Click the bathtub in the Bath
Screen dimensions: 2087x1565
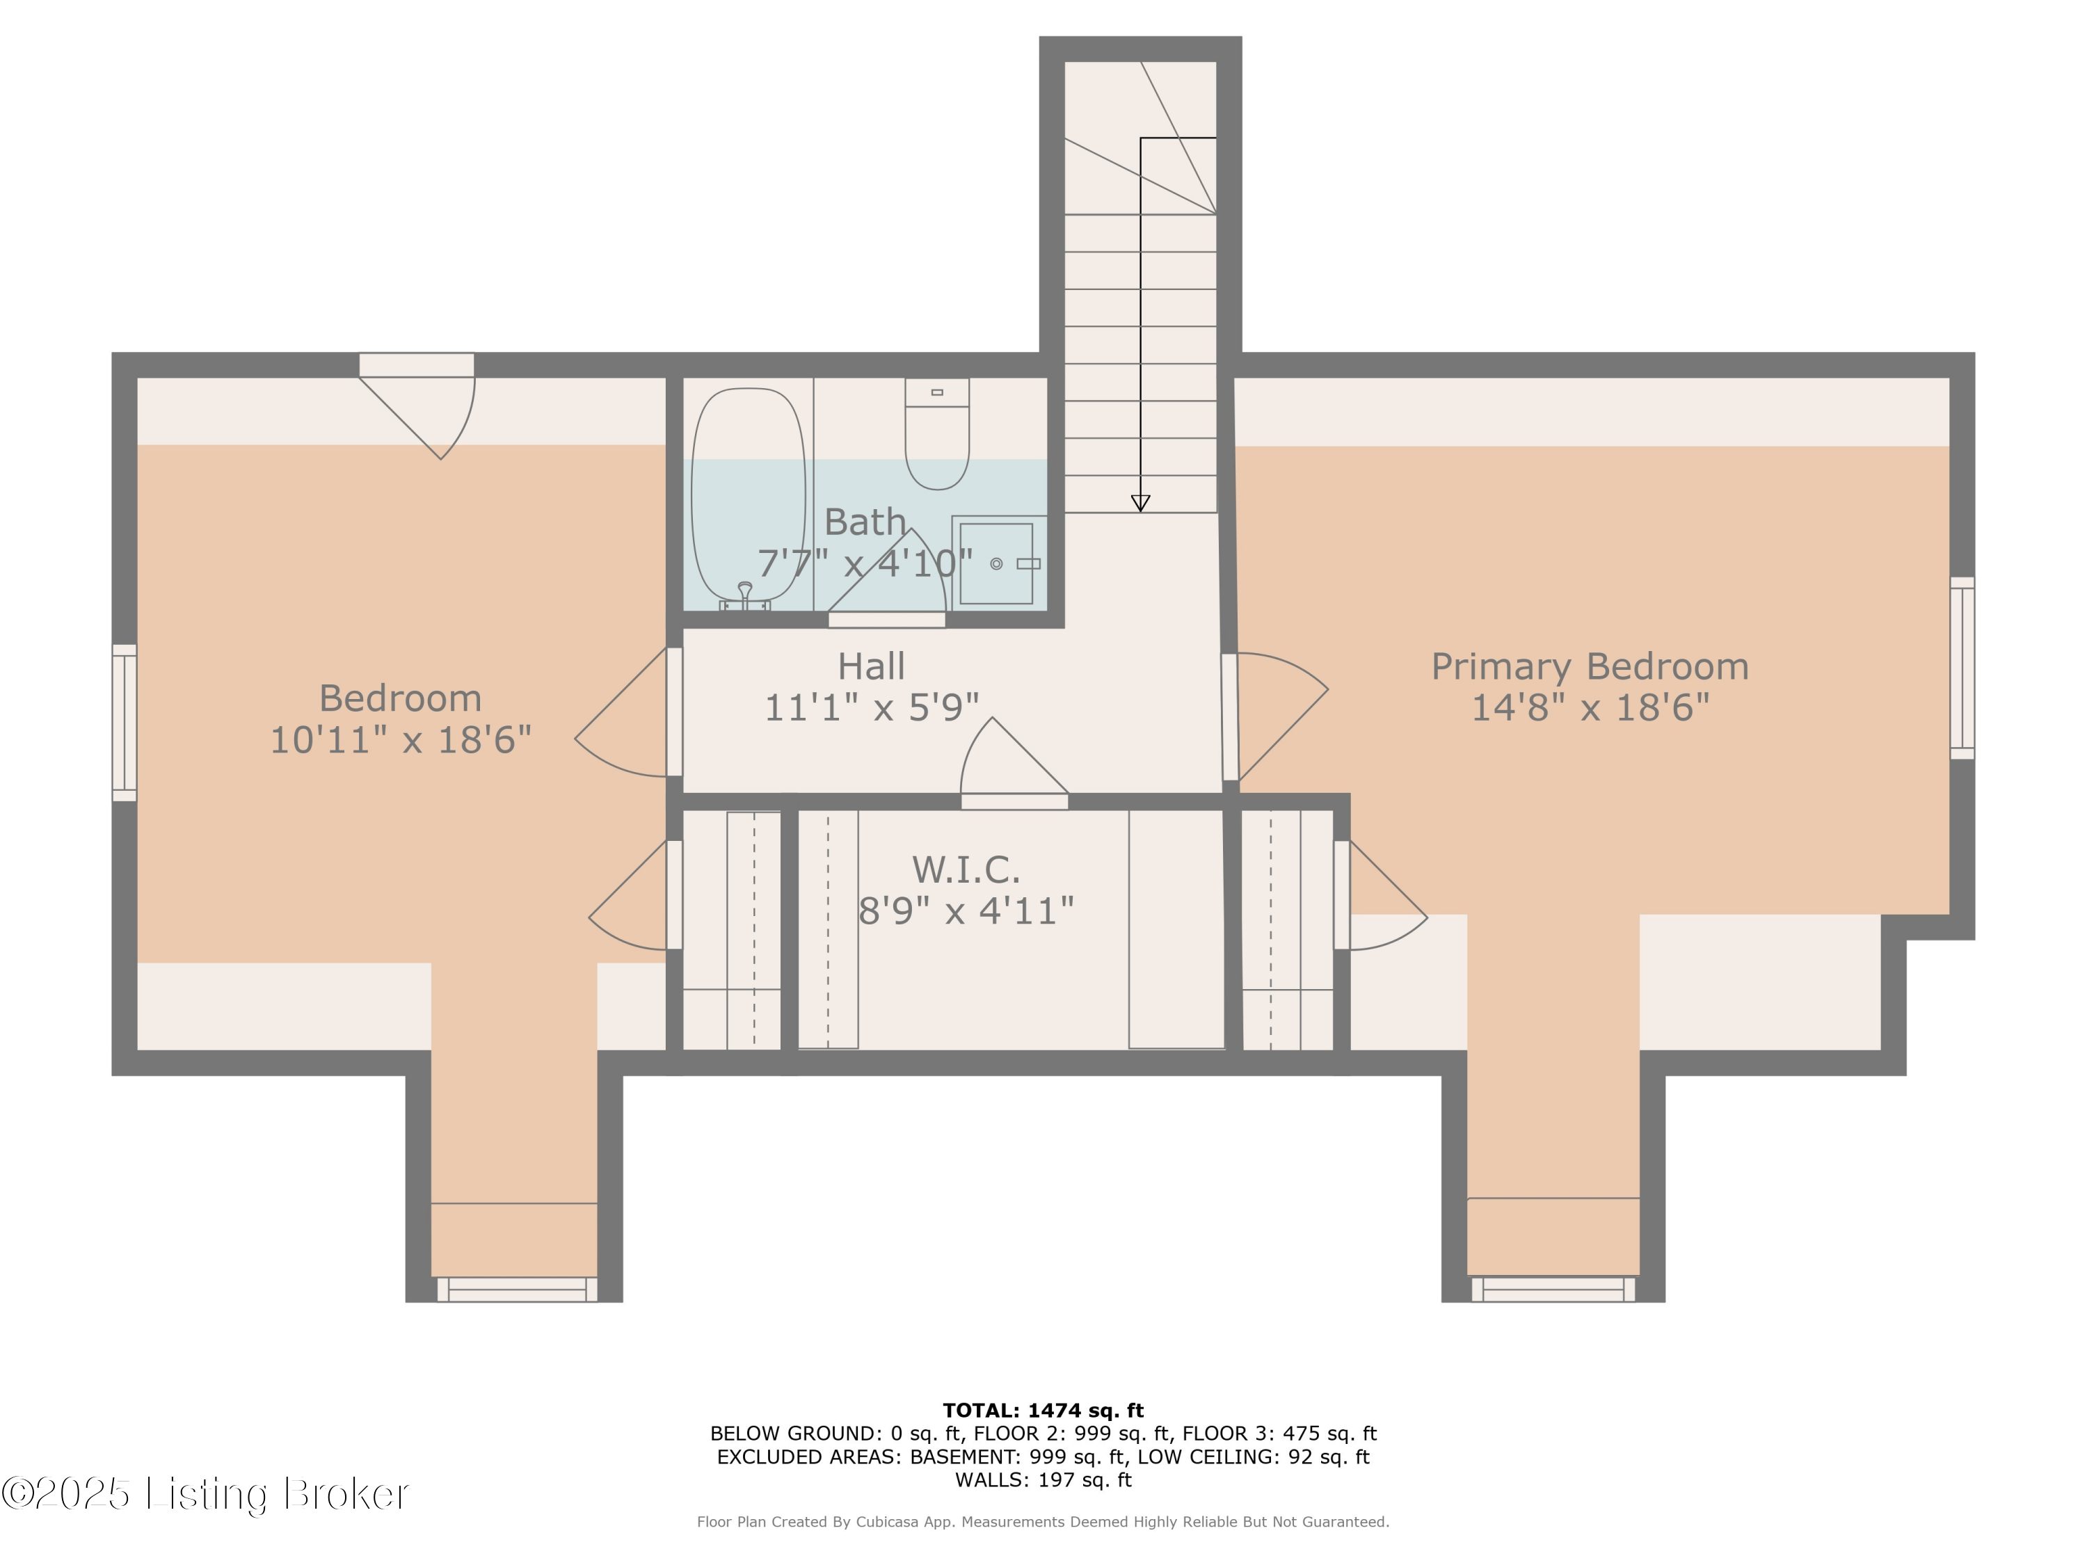tap(748, 495)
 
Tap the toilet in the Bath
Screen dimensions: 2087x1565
tap(937, 434)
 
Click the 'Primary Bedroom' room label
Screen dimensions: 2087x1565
tap(1590, 667)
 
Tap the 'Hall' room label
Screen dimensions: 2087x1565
tap(871, 667)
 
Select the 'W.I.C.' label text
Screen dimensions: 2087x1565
tap(966, 869)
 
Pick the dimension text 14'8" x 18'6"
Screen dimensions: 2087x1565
tap(1591, 707)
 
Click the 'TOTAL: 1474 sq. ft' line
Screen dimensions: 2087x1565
tap(1043, 1411)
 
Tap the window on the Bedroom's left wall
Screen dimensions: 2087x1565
tap(125, 723)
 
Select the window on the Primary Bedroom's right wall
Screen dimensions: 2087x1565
tap(1962, 668)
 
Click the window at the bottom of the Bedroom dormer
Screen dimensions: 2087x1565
tap(516, 1289)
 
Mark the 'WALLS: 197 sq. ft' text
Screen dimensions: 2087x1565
tap(1043, 1479)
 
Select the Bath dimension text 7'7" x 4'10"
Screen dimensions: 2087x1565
tap(865, 563)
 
